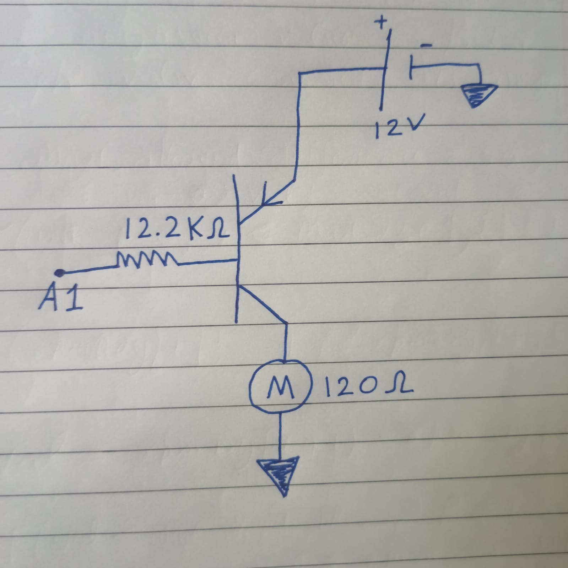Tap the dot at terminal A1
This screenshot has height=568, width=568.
[x=60, y=273]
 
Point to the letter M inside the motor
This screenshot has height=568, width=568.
[x=280, y=388]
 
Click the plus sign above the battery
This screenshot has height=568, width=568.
[x=382, y=23]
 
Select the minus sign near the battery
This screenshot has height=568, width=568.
[x=426, y=45]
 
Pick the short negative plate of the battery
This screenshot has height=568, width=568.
[x=411, y=66]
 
